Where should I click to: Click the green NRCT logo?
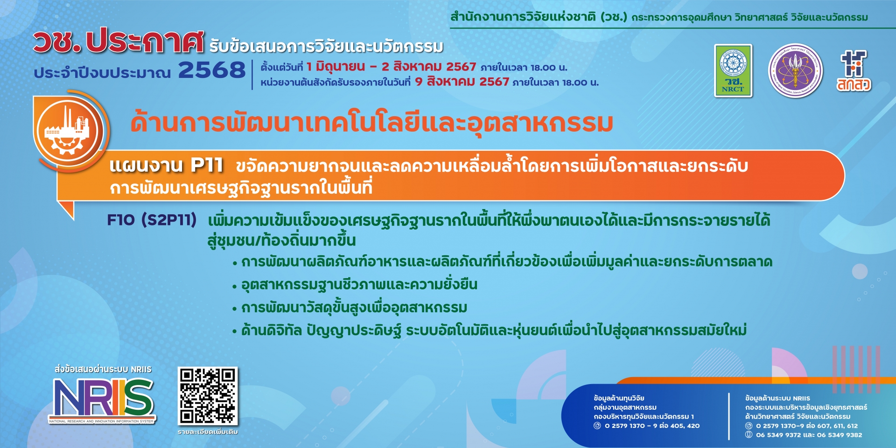click(x=733, y=70)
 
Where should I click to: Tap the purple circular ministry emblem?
click(x=796, y=71)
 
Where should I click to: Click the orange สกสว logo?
click(x=854, y=70)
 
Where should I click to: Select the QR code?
click(x=208, y=396)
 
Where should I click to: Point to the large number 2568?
click(x=212, y=70)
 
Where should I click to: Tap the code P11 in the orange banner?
click(x=207, y=165)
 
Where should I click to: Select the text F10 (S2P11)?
click(x=152, y=220)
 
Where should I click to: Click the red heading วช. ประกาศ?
click(x=119, y=42)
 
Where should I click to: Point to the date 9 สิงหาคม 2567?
click(x=462, y=82)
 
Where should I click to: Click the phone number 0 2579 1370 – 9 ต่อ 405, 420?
click(x=652, y=426)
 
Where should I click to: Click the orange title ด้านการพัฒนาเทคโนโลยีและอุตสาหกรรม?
click(x=372, y=123)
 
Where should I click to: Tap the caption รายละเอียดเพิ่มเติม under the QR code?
click(x=208, y=432)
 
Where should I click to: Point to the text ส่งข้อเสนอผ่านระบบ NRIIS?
click(x=103, y=370)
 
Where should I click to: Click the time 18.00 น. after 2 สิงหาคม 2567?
click(x=549, y=67)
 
